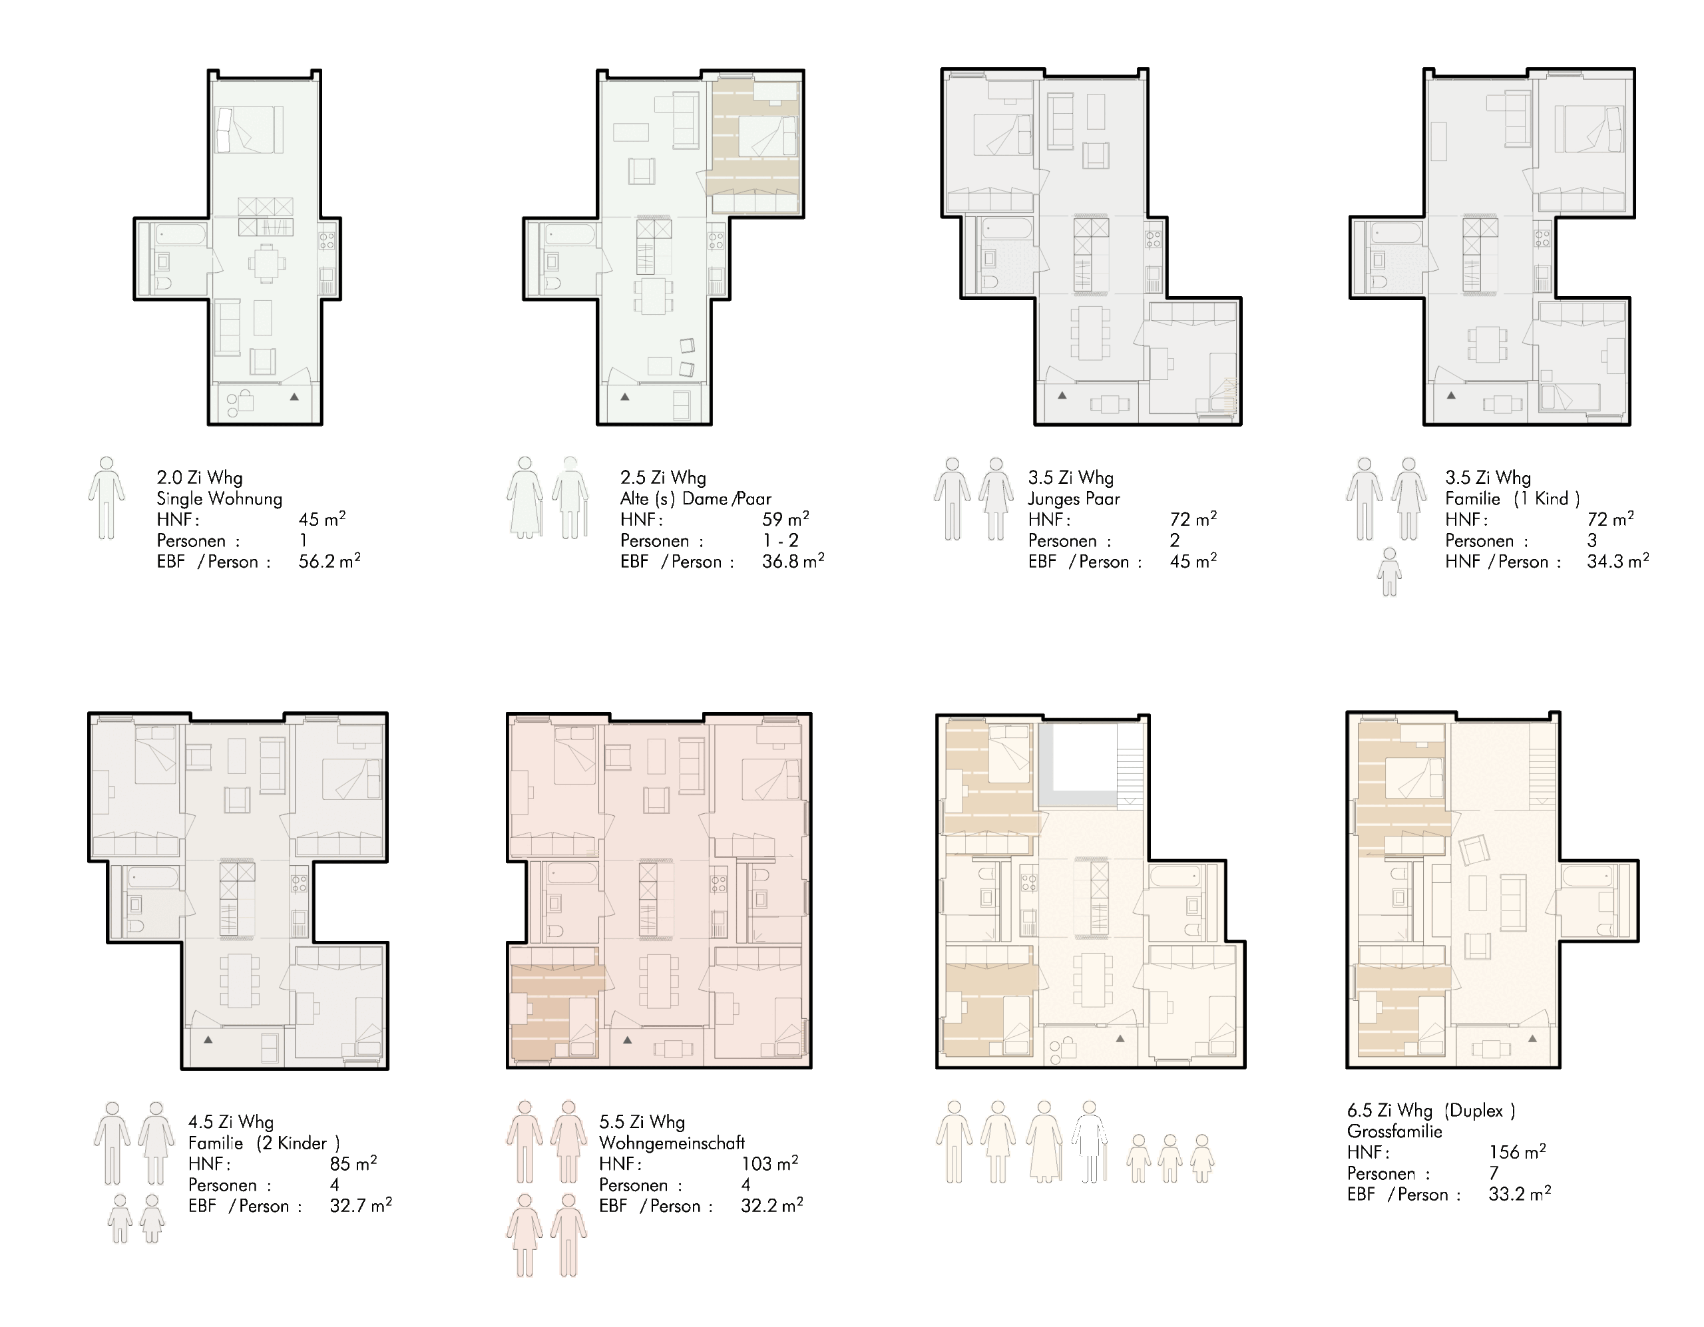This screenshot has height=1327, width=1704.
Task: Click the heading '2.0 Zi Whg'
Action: click(x=200, y=477)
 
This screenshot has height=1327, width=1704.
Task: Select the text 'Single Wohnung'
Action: click(x=219, y=498)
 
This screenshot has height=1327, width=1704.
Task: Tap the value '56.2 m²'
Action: click(x=329, y=561)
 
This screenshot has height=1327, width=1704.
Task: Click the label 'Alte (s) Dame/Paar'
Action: click(x=695, y=498)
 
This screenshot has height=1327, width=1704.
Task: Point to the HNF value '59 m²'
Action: click(x=785, y=519)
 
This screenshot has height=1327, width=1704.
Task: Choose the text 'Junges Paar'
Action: click(x=1074, y=498)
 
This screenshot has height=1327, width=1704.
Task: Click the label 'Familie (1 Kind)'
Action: click(x=1512, y=498)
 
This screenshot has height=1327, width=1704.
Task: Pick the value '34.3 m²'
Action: click(x=1617, y=561)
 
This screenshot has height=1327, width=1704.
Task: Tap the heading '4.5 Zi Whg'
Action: click(x=231, y=1122)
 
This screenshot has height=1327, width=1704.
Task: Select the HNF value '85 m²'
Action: click(x=353, y=1163)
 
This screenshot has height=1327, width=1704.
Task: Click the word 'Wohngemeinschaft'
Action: click(x=672, y=1143)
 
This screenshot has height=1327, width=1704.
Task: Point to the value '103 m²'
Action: click(x=769, y=1163)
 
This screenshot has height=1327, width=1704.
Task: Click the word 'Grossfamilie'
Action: click(x=1394, y=1131)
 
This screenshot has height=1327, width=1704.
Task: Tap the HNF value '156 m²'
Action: click(x=1517, y=1151)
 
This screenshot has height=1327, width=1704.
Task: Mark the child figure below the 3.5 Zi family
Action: click(x=1388, y=572)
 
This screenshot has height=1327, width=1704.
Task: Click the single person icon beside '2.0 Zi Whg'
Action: click(x=106, y=498)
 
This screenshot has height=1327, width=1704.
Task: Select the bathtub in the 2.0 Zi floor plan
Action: click(x=180, y=234)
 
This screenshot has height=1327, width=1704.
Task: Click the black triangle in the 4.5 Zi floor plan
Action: click(x=208, y=1039)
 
